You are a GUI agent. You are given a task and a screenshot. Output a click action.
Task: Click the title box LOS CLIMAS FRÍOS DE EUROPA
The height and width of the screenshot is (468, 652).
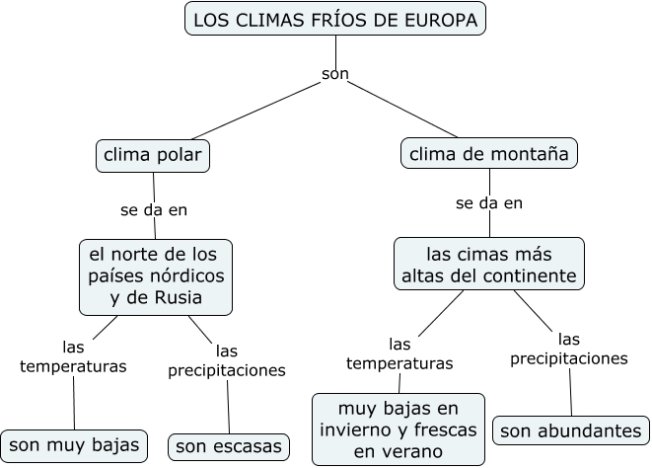(334, 20)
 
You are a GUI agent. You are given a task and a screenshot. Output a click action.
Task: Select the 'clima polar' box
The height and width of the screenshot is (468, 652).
(154, 155)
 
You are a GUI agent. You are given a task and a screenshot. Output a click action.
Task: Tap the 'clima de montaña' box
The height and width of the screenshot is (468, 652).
(489, 154)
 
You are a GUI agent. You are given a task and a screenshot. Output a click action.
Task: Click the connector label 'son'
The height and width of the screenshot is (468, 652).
(335, 74)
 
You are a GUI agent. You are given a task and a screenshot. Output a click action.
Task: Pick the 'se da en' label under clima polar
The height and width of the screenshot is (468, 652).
(153, 209)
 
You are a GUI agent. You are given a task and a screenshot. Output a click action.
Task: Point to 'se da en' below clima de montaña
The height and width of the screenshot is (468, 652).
(488, 203)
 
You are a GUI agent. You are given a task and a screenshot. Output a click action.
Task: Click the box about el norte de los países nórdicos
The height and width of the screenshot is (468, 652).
(155, 274)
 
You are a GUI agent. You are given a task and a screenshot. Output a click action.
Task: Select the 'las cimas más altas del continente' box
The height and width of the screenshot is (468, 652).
(487, 264)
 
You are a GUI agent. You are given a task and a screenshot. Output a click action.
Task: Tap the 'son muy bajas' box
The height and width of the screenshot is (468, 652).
(74, 445)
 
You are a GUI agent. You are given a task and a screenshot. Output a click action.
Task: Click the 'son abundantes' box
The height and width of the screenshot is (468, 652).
(571, 431)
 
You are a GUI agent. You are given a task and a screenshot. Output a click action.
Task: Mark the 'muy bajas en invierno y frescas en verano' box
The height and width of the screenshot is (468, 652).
(399, 429)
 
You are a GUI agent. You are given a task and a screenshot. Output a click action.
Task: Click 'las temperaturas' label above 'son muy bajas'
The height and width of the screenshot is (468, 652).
(74, 356)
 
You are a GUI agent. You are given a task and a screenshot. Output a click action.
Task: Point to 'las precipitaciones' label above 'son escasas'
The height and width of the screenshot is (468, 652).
(227, 360)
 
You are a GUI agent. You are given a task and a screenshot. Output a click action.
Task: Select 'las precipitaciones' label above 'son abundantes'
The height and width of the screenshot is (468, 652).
(569, 349)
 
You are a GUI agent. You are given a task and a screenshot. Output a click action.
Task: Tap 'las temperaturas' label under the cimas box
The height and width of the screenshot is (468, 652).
(399, 353)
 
